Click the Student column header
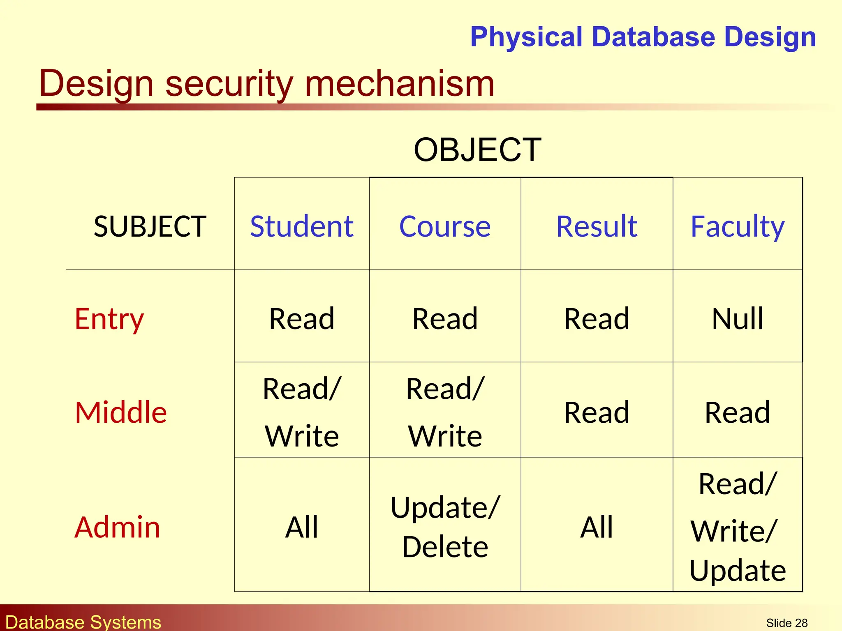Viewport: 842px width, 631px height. pyautogui.click(x=301, y=226)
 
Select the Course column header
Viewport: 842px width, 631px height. pyautogui.click(x=445, y=226)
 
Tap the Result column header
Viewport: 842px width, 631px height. pyautogui.click(x=597, y=226)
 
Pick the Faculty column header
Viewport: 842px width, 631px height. pyautogui.click(x=738, y=226)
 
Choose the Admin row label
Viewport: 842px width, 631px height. pyautogui.click(x=117, y=527)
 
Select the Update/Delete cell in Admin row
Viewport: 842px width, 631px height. pyautogui.click(x=445, y=527)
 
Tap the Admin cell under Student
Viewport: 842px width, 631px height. pyautogui.click(x=301, y=527)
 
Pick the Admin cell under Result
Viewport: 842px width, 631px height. pyautogui.click(x=597, y=527)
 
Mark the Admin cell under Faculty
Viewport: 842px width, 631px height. pyautogui.click(x=738, y=527)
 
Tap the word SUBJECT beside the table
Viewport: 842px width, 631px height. pyautogui.click(x=150, y=226)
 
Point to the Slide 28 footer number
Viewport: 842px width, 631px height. pyautogui.click(x=786, y=623)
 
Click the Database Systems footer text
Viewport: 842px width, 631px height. pyautogui.click(x=83, y=622)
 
